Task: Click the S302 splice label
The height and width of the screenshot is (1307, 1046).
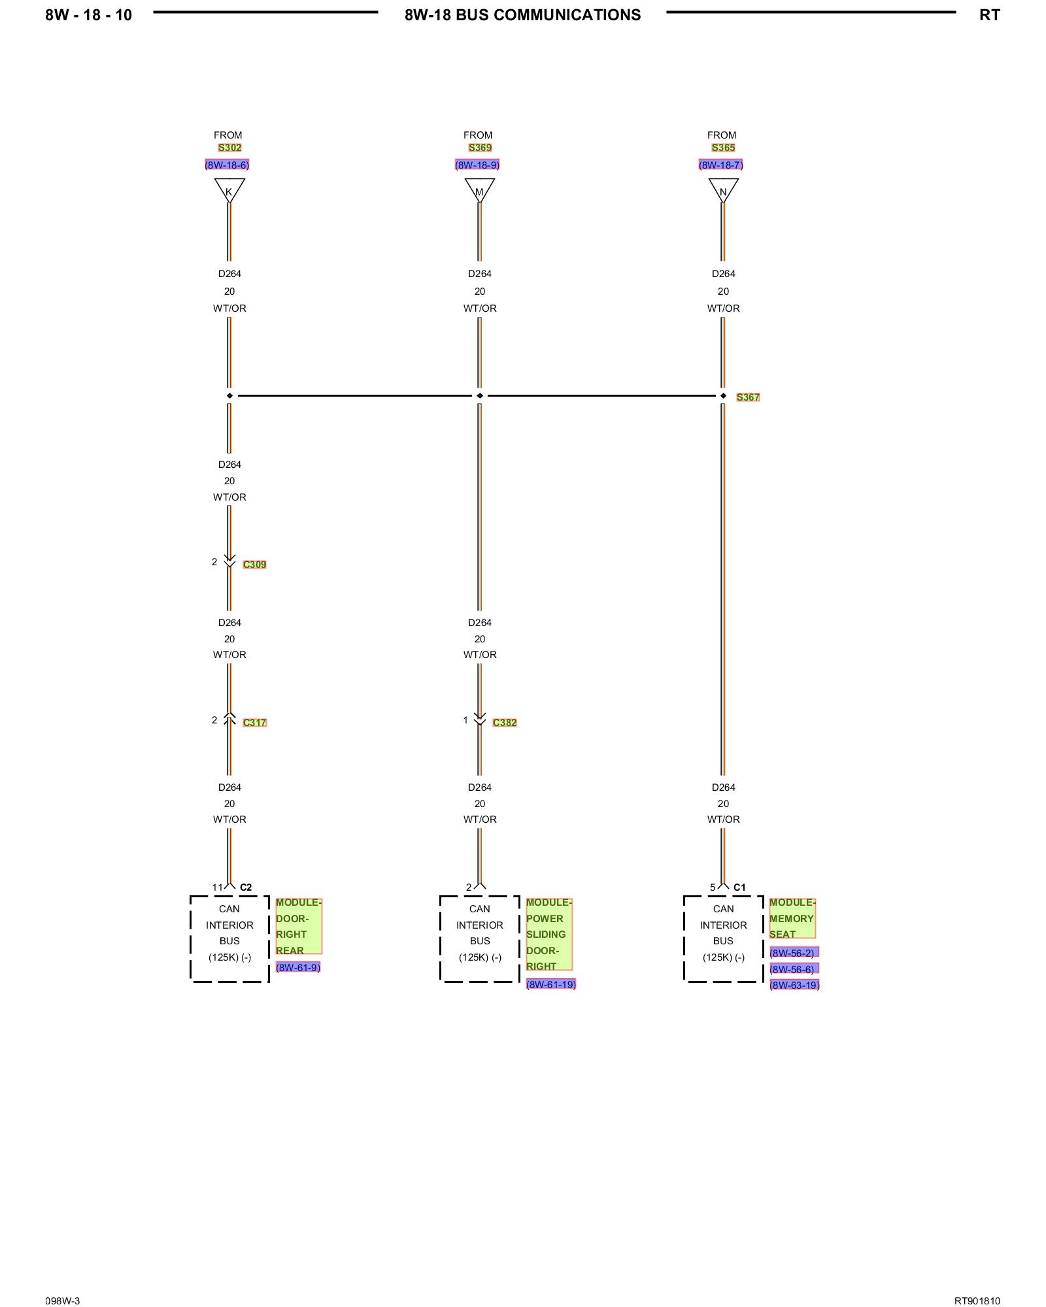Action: (x=229, y=148)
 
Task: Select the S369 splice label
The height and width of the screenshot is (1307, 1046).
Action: (x=480, y=148)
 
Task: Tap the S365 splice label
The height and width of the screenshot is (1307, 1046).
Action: (x=723, y=148)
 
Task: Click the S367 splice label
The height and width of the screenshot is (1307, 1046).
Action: (x=748, y=397)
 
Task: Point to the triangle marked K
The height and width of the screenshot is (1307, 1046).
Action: (x=229, y=190)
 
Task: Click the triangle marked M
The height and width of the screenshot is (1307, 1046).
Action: (x=479, y=190)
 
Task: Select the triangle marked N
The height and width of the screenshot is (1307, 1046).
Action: (x=723, y=190)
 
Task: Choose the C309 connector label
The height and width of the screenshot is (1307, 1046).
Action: (x=254, y=565)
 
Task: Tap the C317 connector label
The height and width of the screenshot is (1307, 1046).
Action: (x=254, y=723)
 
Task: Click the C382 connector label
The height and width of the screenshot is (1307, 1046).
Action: (x=505, y=723)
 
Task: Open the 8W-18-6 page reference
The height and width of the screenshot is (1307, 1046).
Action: (x=227, y=165)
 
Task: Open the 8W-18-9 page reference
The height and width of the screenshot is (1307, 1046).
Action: (x=477, y=165)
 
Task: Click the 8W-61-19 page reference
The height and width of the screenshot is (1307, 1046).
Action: (x=551, y=985)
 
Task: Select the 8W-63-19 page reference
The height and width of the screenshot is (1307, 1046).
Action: (x=794, y=985)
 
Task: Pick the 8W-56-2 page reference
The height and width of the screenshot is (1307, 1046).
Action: (x=794, y=953)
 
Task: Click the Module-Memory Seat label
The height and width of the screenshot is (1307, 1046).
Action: (x=792, y=918)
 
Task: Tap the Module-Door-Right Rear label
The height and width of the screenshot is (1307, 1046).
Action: (x=298, y=926)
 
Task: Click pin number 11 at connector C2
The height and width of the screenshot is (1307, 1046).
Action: (x=217, y=887)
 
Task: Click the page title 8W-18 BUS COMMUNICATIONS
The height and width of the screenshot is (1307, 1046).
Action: (x=522, y=15)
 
